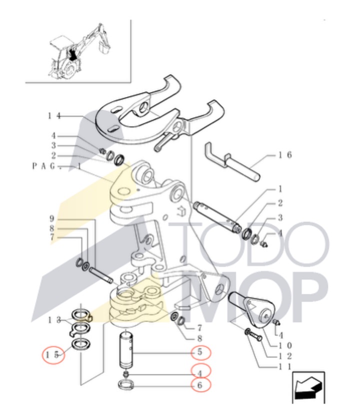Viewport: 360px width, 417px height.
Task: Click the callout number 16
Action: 285,155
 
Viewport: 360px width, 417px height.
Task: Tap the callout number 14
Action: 54,116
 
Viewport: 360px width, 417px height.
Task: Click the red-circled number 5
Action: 199,352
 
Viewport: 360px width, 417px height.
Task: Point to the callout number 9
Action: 51,219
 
